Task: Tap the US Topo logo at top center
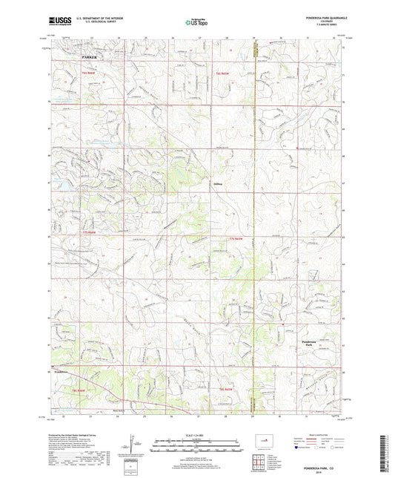click(x=196, y=22)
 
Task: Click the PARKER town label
click(x=90, y=56)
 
